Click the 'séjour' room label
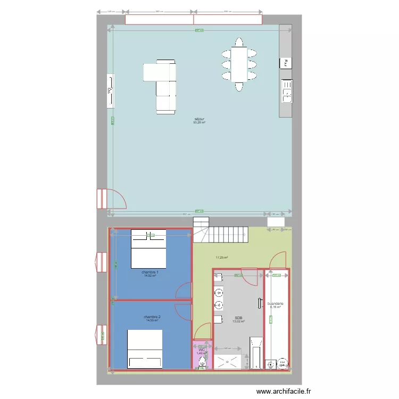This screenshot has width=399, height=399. coord(199,119)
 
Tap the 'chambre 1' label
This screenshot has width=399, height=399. coord(151,272)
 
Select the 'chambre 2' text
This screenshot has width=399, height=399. coord(152,317)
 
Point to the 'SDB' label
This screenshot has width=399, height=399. coord(238,318)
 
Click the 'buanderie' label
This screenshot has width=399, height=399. coord(276,304)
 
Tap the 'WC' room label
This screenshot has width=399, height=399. coord(202,350)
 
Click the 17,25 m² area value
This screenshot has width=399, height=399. coord(221,257)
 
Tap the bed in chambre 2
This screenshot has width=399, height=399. coord(145,348)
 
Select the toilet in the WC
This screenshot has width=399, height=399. coord(202,362)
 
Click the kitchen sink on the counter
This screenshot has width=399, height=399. coord(287,91)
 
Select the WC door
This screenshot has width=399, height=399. coord(203,332)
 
